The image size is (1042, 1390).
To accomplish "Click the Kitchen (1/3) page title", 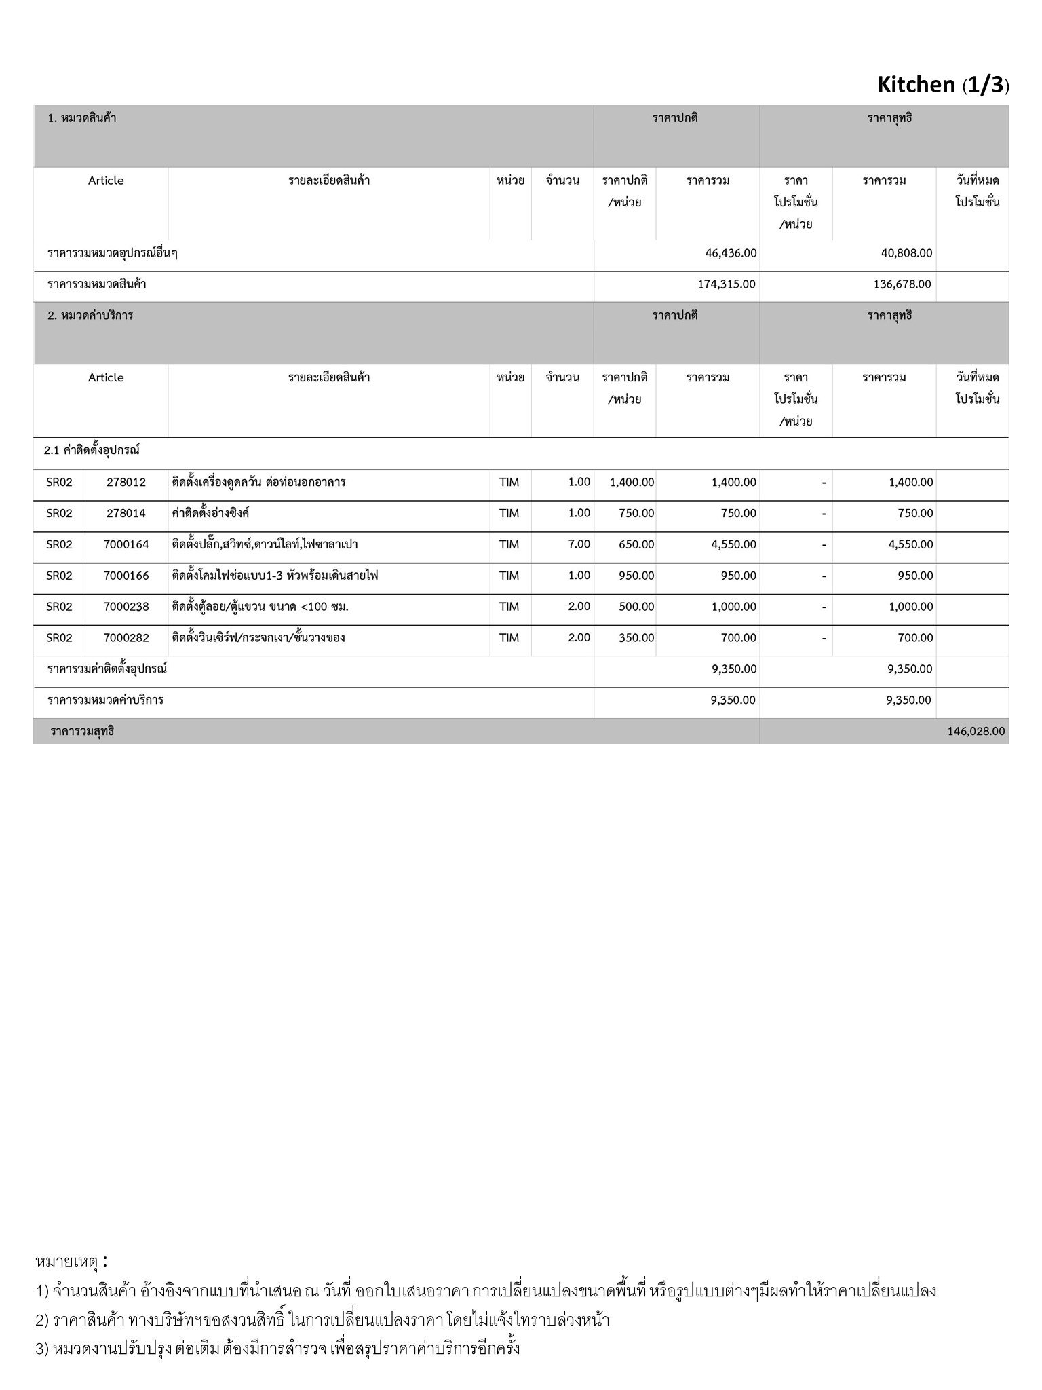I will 942,85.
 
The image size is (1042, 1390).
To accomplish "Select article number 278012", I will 126,483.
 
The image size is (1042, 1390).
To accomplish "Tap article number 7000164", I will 126,544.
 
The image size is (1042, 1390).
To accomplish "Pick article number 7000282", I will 126,638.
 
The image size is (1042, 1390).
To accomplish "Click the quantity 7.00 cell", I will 579,544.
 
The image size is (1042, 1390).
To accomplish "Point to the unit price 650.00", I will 636,544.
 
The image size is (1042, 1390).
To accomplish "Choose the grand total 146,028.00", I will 976,732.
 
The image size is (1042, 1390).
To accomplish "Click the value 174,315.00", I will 727,284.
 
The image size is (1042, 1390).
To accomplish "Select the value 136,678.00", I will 902,284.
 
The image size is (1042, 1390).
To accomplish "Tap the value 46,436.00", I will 731,253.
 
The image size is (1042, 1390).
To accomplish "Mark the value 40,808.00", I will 906,253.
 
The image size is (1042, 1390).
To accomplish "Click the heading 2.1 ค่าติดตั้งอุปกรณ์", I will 92,450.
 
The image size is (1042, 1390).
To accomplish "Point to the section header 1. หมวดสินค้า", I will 82,118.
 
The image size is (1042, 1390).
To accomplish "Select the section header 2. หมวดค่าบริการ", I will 90,316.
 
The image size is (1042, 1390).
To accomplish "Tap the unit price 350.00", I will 636,638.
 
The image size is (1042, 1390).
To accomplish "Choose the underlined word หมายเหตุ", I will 67,1262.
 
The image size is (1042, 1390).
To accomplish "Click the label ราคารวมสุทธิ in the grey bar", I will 82,732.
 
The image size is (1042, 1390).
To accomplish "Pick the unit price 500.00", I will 636,607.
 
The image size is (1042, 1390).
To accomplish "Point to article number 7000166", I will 126,576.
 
